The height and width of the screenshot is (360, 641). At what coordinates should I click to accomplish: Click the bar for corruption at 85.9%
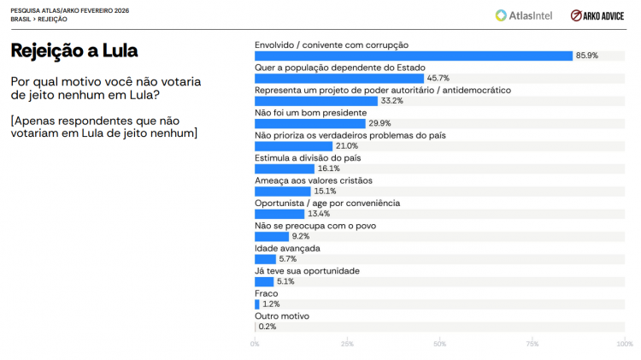pos(414,56)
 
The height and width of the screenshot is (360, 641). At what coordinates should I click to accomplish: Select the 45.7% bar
pos(339,78)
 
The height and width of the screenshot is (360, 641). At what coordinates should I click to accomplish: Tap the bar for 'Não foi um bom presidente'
pos(309,123)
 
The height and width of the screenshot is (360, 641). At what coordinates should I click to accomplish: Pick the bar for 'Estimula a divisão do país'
pos(285,168)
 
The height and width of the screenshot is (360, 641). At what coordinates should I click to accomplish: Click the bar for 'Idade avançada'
pos(265,259)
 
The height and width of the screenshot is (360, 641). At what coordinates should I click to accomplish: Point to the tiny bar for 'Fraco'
pos(257,304)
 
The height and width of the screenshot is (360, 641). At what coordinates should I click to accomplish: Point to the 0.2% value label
pos(268,327)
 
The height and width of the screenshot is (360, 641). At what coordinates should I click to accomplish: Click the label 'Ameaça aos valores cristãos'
pos(314,180)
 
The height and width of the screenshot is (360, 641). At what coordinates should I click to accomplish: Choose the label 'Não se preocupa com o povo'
pos(315,226)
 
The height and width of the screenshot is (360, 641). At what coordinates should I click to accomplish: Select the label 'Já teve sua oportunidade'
pos(307,271)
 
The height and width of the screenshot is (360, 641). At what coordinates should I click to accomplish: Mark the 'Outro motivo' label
pos(282,316)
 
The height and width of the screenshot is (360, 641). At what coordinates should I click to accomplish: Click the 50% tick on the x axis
pos(439,344)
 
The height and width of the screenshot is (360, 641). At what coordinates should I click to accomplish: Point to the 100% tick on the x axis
pos(624,344)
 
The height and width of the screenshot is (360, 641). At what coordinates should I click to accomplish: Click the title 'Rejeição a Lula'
pos(74,51)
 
